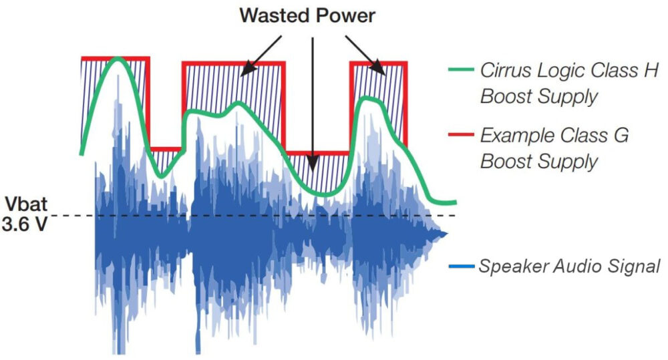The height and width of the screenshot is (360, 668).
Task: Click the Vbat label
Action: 25,204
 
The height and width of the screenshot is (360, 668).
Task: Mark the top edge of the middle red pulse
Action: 233,63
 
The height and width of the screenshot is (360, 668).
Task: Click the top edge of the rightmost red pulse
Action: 378,63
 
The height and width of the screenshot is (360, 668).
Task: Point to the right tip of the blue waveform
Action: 446,233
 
